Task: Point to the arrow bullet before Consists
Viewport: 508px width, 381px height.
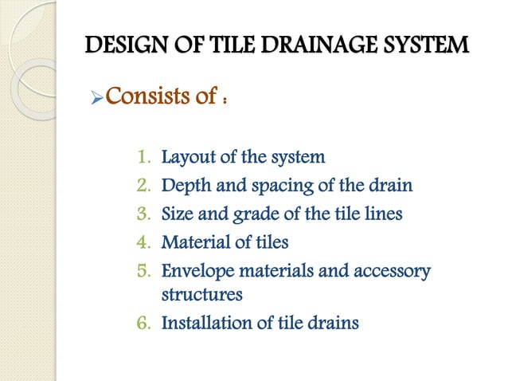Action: (95, 100)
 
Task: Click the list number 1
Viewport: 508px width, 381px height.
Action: (143, 157)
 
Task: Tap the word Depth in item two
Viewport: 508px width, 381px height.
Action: (185, 186)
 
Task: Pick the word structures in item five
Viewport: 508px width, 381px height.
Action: (202, 295)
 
